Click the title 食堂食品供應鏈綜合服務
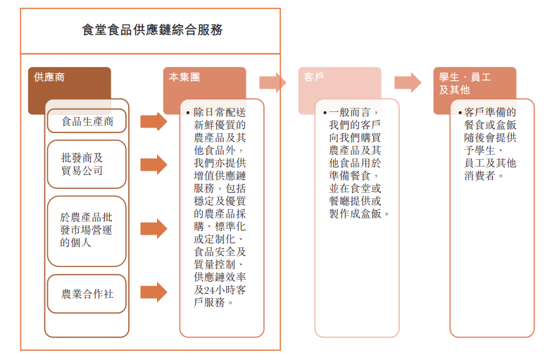point(152,30)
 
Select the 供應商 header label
point(49,77)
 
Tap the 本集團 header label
point(184,77)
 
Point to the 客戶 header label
point(315,77)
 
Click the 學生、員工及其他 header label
point(465,83)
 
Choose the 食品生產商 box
point(87,121)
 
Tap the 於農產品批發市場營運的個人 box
point(87,229)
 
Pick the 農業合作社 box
point(87,293)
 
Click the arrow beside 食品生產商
point(153,121)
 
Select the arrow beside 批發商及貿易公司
point(153,164)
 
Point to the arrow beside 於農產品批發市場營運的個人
point(153,229)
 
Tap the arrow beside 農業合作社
point(153,292)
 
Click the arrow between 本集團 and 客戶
point(272,82)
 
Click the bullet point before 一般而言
point(322,112)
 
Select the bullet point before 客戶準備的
point(458,112)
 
